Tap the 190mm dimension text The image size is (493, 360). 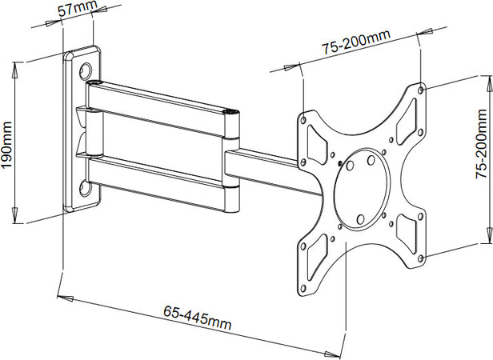tap(7, 141)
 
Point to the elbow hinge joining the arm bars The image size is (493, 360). tap(231, 160)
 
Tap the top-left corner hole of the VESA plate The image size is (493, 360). tap(305, 117)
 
